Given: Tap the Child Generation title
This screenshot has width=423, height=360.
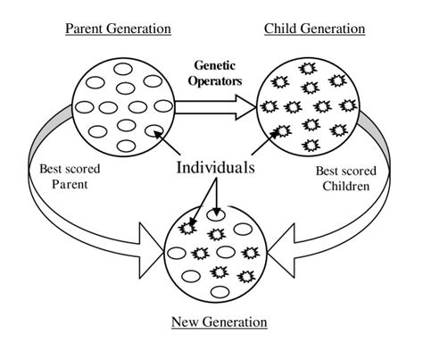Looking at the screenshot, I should click(314, 29).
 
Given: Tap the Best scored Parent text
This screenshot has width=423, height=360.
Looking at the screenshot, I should click(70, 176).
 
